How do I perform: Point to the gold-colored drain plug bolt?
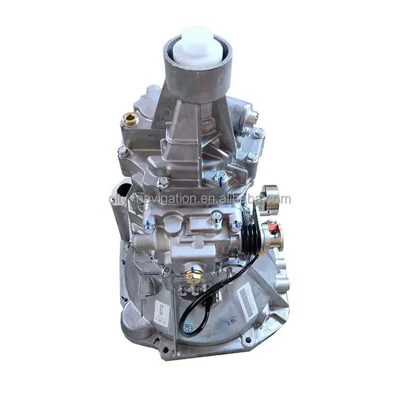[189, 278]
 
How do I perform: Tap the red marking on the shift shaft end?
[274, 231]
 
